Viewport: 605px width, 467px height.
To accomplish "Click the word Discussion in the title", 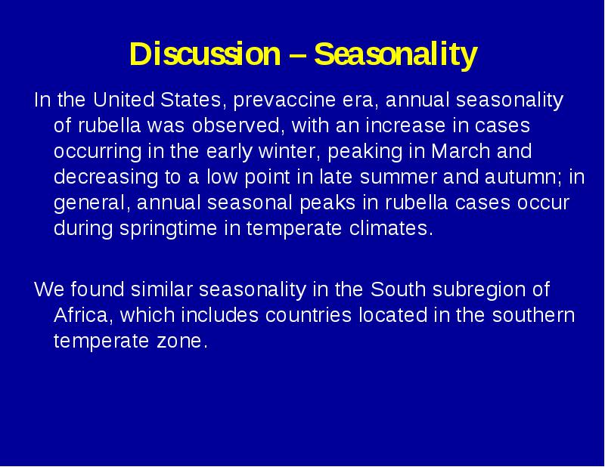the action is [205, 54].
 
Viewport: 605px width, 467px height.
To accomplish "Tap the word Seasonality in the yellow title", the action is [396, 55].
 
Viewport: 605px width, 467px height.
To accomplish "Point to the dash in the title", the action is [297, 54].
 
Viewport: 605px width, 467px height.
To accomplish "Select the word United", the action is [123, 100].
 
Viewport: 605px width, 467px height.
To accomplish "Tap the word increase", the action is [405, 125].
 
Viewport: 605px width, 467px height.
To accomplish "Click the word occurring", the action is [98, 152].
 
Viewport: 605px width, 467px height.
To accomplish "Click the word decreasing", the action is [106, 178].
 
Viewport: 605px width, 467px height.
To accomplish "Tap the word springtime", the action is [168, 229].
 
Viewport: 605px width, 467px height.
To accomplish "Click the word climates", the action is [391, 228].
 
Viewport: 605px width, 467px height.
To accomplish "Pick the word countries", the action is [309, 315].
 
